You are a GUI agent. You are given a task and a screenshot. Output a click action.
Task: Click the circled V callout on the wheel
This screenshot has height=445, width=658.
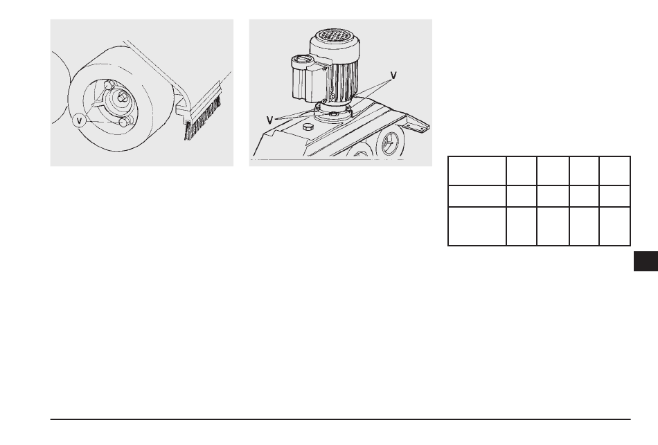coord(79,121)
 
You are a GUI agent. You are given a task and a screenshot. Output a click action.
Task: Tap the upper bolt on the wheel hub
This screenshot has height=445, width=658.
coord(108,85)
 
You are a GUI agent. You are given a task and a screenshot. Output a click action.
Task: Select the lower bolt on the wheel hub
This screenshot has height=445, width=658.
coord(124,122)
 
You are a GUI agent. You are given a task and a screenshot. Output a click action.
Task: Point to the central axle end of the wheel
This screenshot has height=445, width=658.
coord(122,97)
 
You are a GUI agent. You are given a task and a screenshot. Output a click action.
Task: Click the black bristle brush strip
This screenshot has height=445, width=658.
coord(203,119)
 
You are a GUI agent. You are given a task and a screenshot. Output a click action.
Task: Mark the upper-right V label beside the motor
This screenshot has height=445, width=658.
coord(393,75)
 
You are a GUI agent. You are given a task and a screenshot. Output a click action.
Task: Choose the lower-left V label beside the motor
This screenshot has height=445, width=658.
coord(269,120)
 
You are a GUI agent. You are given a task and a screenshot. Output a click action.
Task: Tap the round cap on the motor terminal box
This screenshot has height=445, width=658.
coord(303,60)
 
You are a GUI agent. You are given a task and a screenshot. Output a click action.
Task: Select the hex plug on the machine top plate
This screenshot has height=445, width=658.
coord(308,127)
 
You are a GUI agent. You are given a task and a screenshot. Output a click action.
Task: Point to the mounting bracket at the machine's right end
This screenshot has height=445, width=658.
coord(417,125)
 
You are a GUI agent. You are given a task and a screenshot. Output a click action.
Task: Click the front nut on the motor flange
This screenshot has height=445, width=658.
coord(333,113)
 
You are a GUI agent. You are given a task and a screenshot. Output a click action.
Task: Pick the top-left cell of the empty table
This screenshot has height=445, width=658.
coord(477,171)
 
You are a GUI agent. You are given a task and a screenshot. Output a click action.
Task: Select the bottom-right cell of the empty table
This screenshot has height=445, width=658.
coord(615,226)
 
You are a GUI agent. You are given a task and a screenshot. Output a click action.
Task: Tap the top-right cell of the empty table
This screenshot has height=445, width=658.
coord(615,171)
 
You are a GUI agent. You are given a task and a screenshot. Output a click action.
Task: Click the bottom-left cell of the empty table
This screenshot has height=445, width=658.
coord(477,226)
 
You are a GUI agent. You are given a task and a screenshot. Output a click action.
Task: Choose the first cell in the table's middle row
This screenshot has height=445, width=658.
coord(477,197)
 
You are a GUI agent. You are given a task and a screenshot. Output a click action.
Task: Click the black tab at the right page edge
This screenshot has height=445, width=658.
coord(646,262)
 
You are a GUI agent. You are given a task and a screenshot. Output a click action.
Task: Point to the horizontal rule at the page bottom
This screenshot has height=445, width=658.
coord(340,419)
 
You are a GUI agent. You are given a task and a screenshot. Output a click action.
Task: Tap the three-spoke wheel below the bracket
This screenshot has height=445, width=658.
coord(389,143)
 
